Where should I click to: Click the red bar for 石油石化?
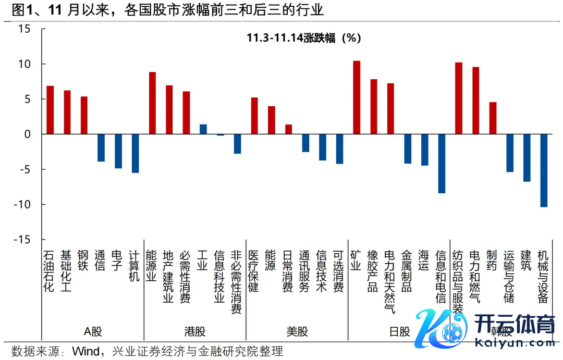[x=50, y=110]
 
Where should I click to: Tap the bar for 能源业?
[x=152, y=103]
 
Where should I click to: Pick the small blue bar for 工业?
[x=203, y=129]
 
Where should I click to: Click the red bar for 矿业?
[x=357, y=97]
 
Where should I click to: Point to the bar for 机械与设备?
[x=544, y=170]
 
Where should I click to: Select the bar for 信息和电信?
[x=442, y=164]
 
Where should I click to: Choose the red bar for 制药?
[x=493, y=118]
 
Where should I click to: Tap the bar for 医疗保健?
[x=254, y=116]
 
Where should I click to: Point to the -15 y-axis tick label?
[x=21, y=240]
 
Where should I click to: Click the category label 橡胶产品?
[x=373, y=271]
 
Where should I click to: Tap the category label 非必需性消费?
[x=237, y=281]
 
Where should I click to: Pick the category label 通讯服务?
[x=305, y=271]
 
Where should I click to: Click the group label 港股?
[x=195, y=331]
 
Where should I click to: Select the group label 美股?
[x=297, y=331]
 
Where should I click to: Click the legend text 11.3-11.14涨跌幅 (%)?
[x=304, y=38]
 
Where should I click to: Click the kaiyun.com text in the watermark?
[x=516, y=343]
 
